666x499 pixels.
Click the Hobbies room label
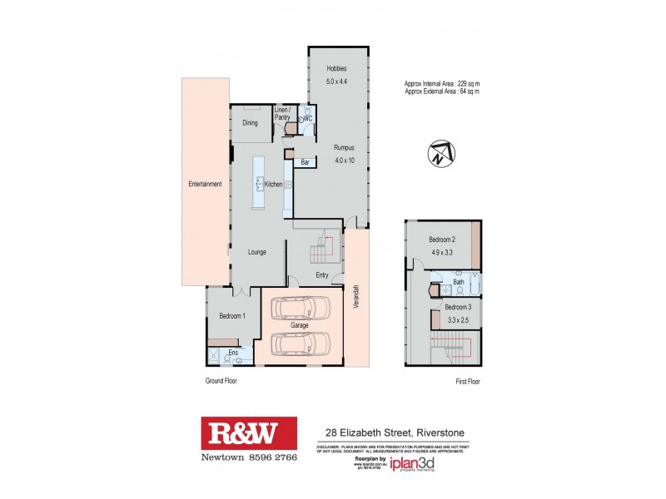(336, 68)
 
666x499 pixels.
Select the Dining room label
(250, 123)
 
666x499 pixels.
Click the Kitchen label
(273, 184)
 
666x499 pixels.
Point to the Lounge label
(256, 251)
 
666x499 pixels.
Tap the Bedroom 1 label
(231, 316)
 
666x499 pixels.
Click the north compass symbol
(438, 156)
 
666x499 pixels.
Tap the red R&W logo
(249, 433)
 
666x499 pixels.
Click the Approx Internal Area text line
(443, 84)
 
